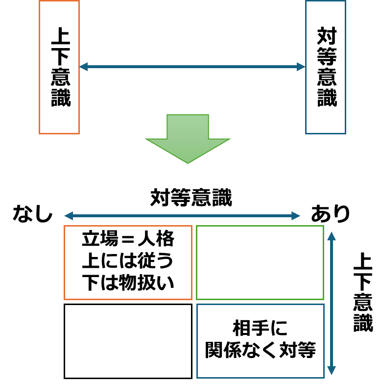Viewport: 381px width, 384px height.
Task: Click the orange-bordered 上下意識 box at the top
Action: (x=59, y=67)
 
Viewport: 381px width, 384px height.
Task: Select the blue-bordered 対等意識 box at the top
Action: (x=326, y=67)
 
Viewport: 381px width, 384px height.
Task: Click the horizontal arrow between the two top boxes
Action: (x=192, y=67)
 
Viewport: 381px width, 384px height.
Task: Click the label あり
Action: (x=331, y=214)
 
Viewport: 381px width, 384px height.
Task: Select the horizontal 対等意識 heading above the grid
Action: (x=191, y=198)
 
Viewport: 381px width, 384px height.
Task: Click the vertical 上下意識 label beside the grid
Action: (x=363, y=292)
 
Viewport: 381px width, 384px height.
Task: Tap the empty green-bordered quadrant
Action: (x=260, y=262)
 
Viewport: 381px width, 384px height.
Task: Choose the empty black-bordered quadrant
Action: (x=128, y=341)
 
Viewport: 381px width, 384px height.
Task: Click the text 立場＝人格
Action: (x=128, y=240)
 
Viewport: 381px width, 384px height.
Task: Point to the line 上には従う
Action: (x=128, y=261)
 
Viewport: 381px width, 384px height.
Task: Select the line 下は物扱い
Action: (x=128, y=282)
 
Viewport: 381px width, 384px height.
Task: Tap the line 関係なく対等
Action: (x=260, y=350)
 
